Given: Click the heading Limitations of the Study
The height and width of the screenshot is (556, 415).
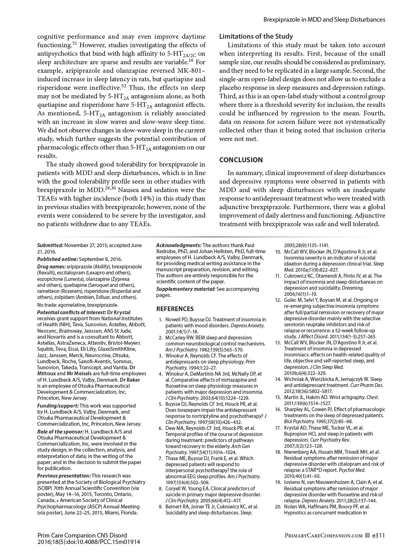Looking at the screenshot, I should (x=256, y=36).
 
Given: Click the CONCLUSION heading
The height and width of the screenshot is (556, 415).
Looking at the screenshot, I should (x=241, y=160).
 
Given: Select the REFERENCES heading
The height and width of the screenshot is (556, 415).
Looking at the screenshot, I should (x=175, y=309).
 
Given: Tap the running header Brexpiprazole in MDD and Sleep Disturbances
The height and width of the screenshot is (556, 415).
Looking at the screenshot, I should (x=324, y=20).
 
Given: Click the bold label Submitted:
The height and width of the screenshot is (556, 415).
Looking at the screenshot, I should (x=50, y=245).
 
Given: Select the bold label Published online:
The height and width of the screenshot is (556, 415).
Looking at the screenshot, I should (x=57, y=259).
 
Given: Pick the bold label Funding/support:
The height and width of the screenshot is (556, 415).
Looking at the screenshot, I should (x=58, y=405).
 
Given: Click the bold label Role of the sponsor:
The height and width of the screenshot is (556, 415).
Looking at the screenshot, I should (x=61, y=432).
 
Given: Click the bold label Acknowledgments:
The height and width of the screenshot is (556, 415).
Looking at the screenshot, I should (x=179, y=245).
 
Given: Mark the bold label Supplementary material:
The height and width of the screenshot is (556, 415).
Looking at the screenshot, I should (x=186, y=289).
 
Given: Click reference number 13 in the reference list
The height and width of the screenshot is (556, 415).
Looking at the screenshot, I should (x=278, y=343).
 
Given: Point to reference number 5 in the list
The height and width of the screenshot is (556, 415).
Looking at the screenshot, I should (x=161, y=404).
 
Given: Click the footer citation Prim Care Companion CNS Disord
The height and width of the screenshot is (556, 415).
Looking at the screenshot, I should (x=82, y=535).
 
